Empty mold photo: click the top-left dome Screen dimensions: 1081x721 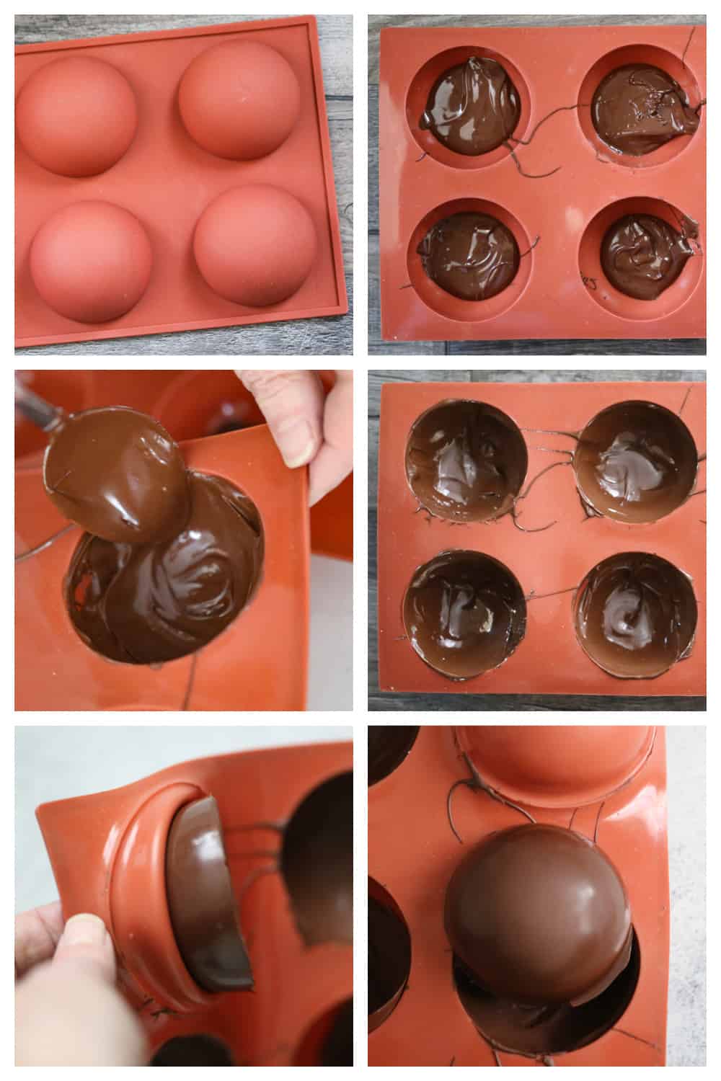[76, 115]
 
